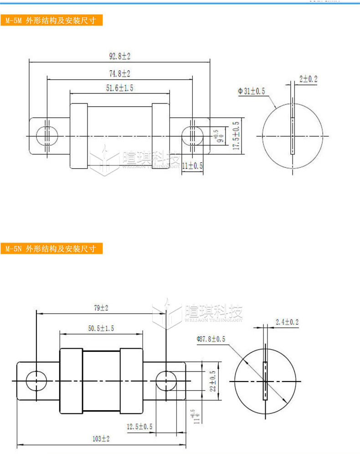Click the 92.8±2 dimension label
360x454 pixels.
[x=119, y=57]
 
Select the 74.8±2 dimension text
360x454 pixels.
[x=119, y=73]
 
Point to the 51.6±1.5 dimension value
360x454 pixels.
[x=119, y=88]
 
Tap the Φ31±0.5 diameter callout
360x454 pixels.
[x=251, y=91]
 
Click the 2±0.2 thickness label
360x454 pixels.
[x=308, y=79]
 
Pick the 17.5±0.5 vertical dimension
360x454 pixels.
[x=236, y=135]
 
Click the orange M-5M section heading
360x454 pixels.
[x=51, y=21]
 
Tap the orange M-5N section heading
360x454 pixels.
[x=51, y=249]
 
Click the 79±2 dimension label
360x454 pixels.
[x=101, y=308]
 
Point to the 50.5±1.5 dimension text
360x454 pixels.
[x=101, y=328]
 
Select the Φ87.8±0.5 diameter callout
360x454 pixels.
[x=211, y=339]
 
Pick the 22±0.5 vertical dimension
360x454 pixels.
[x=212, y=381]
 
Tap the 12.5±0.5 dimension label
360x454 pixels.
[x=140, y=426]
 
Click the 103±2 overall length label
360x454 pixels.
[x=101, y=439]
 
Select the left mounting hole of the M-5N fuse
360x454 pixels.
[x=36, y=381]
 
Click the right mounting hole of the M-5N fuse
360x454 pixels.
[x=166, y=381]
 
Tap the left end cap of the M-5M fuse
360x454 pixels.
[x=78, y=136]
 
